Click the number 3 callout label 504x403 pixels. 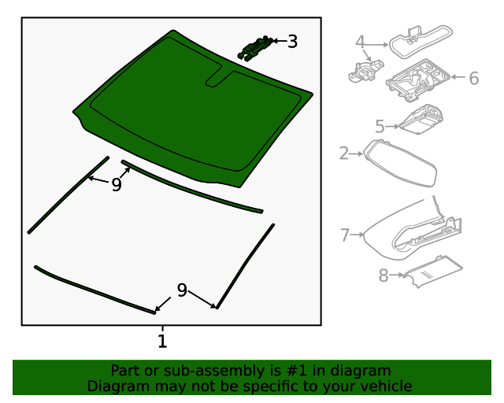pyautogui.click(x=292, y=42)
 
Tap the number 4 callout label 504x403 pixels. pyautogui.click(x=360, y=42)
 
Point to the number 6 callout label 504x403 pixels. pyautogui.click(x=473, y=79)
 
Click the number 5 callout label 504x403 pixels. pyautogui.click(x=380, y=126)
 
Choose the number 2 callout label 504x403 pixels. pyautogui.click(x=344, y=153)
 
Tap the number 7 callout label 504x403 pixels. pyautogui.click(x=345, y=235)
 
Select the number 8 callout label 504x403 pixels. pyautogui.click(x=384, y=275)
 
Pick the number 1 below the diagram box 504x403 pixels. pyautogui.click(x=162, y=342)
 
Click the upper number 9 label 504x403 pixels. pyautogui.click(x=117, y=185)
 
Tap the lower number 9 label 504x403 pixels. pyautogui.click(x=182, y=290)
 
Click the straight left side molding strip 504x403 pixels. pyautogui.click(x=69, y=194)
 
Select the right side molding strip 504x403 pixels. pyautogui.click(x=246, y=264)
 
